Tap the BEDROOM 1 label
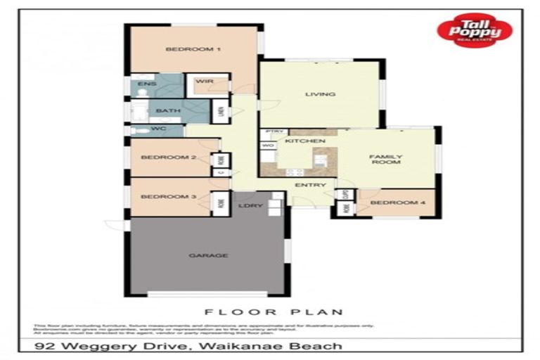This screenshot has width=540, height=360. tap(193, 49)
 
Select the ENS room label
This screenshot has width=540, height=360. tap(146, 84)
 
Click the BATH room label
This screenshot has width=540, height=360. tap(168, 111)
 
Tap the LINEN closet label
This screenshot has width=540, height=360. tap(221, 112)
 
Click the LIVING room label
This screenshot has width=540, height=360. tap(319, 94)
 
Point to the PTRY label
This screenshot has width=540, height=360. tap(274, 132)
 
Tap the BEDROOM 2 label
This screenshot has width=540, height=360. tap(168, 157)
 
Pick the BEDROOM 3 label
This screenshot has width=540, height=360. tap(168, 197)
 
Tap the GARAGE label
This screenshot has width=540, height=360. tap(208, 255)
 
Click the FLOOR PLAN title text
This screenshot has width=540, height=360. tap(274, 311)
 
